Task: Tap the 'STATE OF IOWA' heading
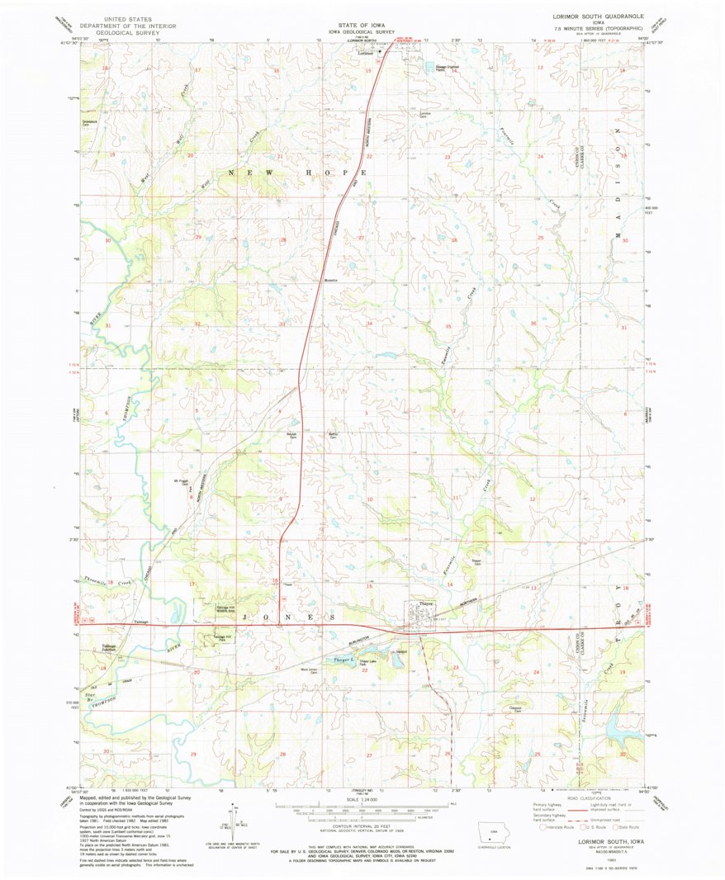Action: pos(361,25)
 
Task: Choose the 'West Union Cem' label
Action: pos(309,670)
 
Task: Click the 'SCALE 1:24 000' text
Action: pos(362,800)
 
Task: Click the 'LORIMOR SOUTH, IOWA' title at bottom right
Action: pos(599,842)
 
